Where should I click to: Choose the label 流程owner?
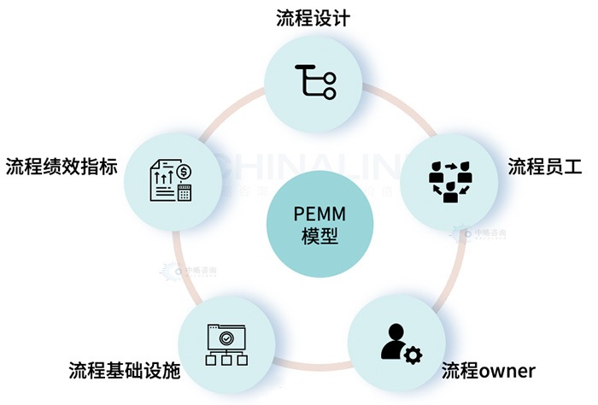coord(488,371)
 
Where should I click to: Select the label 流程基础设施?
coord(124,371)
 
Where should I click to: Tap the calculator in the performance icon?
coord(184,191)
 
